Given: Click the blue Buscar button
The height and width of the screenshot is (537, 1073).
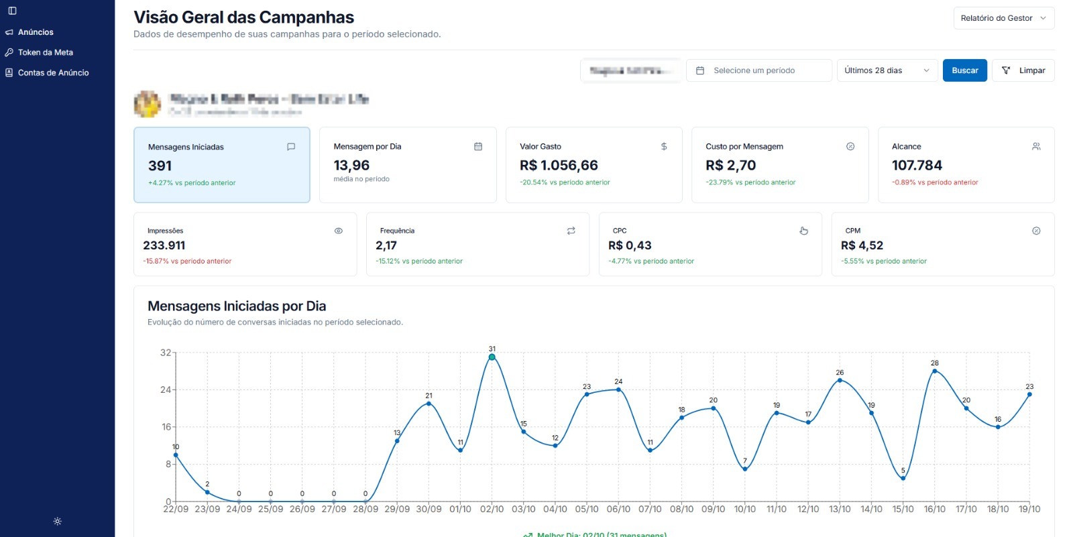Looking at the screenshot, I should coord(964,70).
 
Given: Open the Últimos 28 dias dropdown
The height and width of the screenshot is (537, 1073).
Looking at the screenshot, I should coord(887,70).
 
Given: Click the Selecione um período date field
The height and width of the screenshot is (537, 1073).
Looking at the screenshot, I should coord(758,70).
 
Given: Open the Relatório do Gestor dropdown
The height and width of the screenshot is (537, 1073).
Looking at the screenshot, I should coord(1003,18).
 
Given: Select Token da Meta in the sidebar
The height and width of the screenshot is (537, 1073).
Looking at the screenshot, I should coord(45,52).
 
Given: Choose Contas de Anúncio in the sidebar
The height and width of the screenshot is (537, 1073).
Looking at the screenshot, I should coord(53,72).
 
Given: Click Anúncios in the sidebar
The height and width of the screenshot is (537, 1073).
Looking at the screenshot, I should coord(36,32).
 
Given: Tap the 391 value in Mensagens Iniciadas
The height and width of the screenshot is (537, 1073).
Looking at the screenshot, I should coord(160,166).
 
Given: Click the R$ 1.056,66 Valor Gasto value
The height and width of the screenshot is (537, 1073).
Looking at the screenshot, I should coord(559,165).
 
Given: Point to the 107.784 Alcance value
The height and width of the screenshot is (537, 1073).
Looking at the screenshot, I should coord(917,165).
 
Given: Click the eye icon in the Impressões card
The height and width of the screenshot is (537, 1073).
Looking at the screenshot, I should coord(339,231).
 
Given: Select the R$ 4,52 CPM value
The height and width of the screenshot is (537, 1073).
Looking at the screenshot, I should coord(862,245).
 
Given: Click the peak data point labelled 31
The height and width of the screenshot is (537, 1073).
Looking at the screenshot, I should coord(492,357).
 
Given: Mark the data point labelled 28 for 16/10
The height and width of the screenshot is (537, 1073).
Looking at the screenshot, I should coord(935,371).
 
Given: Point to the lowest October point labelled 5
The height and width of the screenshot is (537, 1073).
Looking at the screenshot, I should coord(903,478).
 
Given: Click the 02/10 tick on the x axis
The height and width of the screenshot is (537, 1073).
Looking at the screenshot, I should coord(492,510).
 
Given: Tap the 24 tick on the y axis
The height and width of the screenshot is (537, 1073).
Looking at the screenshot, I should coord(166,390).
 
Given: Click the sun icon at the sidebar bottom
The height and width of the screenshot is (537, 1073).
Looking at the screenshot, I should coord(58,521).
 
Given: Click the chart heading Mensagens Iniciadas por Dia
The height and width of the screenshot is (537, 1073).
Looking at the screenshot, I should coord(237,306).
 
